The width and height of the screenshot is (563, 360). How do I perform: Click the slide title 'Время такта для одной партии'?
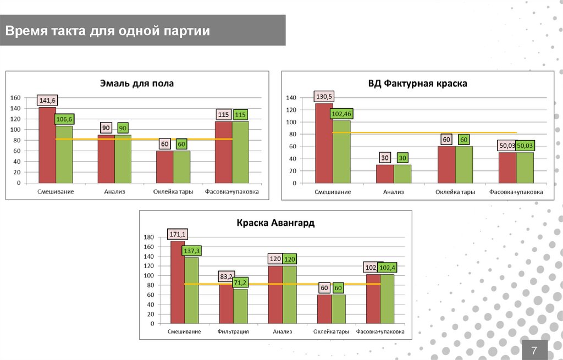pos(108,31)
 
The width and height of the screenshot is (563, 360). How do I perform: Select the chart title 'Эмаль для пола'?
pos(136,84)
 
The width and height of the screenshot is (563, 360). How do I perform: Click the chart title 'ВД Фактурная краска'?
pos(417,84)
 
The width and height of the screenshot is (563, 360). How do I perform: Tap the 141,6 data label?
pos(48,100)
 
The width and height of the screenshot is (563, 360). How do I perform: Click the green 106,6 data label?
pos(65,119)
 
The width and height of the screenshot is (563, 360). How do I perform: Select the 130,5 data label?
pos(324,97)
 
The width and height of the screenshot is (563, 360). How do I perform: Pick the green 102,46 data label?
pos(341,114)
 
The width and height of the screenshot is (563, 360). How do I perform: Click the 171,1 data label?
pos(178,234)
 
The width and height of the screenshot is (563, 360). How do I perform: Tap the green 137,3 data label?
pos(192,251)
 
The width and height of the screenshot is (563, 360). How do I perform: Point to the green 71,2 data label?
pos(240,283)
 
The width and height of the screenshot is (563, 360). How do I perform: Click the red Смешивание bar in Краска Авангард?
pos(178,286)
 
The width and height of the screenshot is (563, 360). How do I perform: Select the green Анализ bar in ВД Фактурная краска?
pos(402,174)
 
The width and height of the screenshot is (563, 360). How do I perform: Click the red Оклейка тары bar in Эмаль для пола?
pos(164,167)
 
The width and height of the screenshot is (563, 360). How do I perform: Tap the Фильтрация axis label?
pos(233,332)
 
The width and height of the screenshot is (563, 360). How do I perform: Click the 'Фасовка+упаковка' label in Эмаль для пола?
pos(231,192)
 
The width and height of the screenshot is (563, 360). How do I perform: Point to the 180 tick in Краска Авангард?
pos(150,237)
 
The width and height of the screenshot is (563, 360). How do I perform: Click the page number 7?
pos(533,350)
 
